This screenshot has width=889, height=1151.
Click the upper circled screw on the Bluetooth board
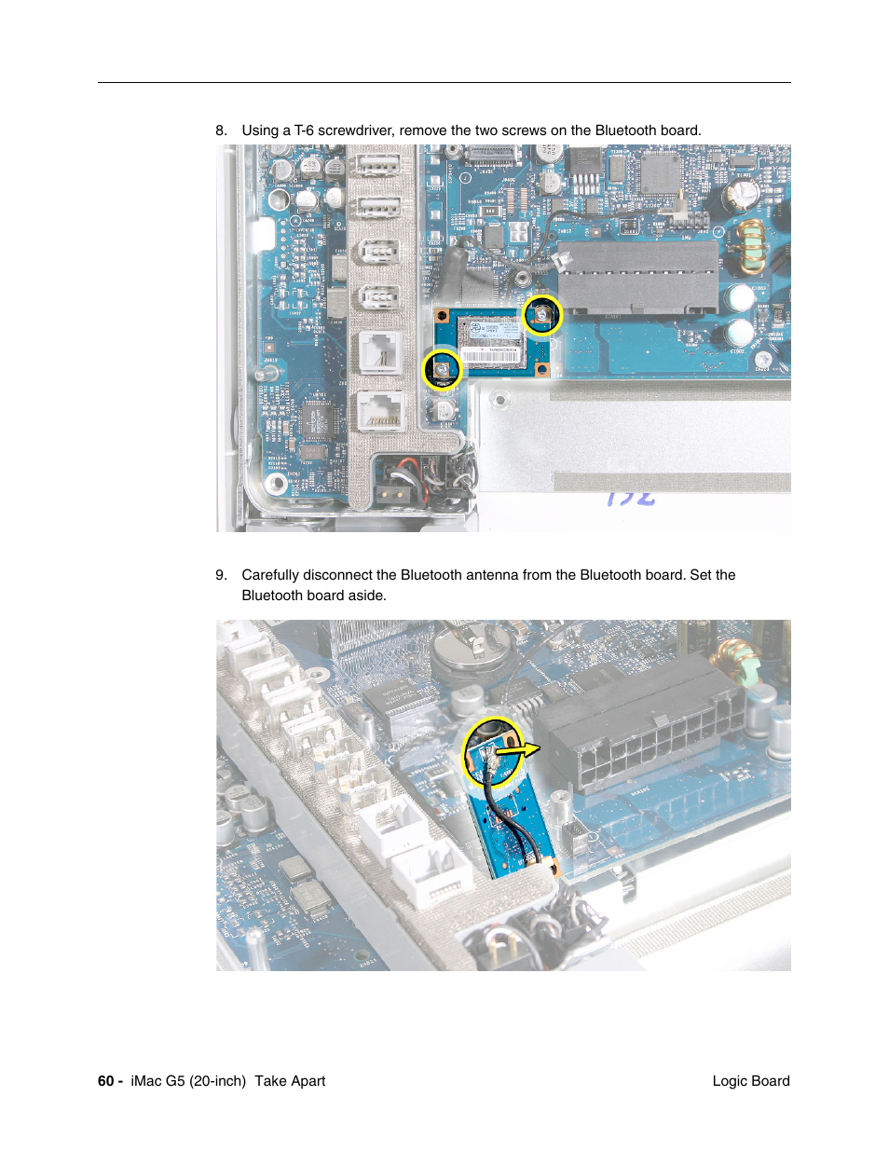pos(541,316)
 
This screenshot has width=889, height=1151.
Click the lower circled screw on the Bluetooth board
pos(442,370)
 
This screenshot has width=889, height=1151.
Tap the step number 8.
pos(221,130)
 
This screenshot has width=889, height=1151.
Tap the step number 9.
pos(221,575)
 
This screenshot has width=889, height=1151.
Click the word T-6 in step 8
pos(304,130)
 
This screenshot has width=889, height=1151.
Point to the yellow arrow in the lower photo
pos(517,747)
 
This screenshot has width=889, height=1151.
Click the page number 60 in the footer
pos(105,1081)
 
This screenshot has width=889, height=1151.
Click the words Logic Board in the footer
pos(750,1081)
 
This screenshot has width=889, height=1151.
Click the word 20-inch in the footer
pos(218,1081)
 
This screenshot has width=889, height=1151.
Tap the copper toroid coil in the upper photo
pos(751,248)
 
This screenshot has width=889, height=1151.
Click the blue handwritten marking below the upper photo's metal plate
pos(631,498)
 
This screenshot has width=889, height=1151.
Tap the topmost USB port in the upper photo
pos(378,166)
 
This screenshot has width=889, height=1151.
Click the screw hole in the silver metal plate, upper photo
pos(500,402)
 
